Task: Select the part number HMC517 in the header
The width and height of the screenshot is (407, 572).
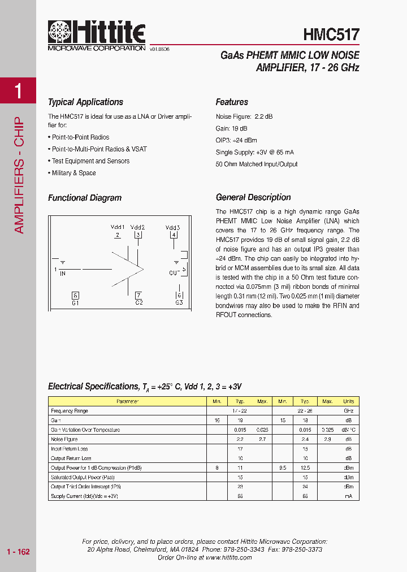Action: tap(331, 34)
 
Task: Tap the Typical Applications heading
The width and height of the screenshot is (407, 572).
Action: tap(85, 102)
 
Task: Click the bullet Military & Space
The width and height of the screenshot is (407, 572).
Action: tap(73, 173)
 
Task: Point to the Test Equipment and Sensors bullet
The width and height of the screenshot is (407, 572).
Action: tap(90, 161)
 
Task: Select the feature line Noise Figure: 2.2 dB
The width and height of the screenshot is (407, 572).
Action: tap(244, 116)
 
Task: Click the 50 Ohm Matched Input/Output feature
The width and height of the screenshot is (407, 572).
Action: tap(257, 164)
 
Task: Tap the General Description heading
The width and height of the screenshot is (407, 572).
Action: tap(253, 197)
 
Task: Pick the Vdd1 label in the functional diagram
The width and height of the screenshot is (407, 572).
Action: tap(118, 227)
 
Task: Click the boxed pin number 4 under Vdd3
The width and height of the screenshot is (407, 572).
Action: tap(174, 235)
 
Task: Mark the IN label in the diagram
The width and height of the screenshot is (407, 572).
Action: tap(62, 274)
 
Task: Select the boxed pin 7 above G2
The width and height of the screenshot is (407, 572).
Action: tap(138, 295)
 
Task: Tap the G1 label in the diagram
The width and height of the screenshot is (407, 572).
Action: tap(75, 303)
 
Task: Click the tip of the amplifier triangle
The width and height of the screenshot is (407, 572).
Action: tap(144, 268)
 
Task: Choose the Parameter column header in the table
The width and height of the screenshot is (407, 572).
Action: tap(127, 401)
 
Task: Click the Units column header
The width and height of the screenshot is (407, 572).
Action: tap(348, 401)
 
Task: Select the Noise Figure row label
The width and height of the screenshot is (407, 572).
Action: tap(64, 439)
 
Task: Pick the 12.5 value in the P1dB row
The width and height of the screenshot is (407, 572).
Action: tap(305, 467)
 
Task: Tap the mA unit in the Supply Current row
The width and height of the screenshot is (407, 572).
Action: tap(348, 496)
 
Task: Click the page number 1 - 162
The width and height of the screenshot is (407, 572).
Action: tap(18, 552)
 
